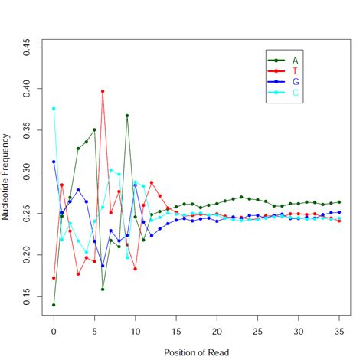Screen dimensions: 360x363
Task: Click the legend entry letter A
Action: tap(295, 60)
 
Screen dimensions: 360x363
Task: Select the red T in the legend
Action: tap(295, 70)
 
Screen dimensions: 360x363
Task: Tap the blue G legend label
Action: tap(295, 81)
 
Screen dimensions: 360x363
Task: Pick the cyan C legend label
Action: tap(295, 92)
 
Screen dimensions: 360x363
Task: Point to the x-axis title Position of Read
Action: tap(197, 352)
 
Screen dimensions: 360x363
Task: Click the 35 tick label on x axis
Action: tap(339, 331)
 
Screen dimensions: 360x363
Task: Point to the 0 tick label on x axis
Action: tap(54, 331)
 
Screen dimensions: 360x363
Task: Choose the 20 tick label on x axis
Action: tap(217, 331)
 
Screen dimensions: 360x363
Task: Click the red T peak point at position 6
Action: tap(103, 91)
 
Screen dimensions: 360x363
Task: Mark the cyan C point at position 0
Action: tap(54, 109)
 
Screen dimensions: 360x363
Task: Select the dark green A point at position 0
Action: tap(54, 304)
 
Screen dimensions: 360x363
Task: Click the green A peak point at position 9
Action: tap(127, 116)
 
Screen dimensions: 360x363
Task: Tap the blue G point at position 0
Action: tap(54, 162)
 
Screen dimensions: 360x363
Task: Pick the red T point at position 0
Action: tap(54, 277)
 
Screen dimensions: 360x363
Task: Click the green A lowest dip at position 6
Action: tap(103, 289)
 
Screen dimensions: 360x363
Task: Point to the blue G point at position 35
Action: tap(339, 212)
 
